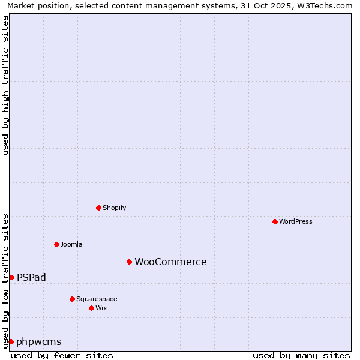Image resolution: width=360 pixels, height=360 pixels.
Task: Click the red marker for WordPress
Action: point(275,221)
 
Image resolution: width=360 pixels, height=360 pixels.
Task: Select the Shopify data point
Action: point(98,208)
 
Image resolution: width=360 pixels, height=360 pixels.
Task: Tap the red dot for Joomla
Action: point(56,244)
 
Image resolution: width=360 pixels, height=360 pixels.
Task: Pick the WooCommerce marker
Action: point(129,262)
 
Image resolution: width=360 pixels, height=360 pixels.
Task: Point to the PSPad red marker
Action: point(11,277)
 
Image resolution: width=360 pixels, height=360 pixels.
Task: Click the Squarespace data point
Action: point(72,299)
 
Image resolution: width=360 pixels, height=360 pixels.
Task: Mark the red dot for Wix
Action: point(91,308)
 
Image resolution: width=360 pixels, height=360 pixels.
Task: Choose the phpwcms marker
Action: point(11,341)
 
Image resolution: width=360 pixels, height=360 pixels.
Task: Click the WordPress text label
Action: point(296,221)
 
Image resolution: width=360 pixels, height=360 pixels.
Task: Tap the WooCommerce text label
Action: point(170,262)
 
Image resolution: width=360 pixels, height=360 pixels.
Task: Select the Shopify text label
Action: point(114,208)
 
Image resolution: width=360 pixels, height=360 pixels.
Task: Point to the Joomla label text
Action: point(71,244)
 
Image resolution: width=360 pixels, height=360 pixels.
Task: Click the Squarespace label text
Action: point(97,299)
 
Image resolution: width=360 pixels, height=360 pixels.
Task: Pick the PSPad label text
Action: point(31,277)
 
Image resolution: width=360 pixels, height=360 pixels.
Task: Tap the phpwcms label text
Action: point(39,342)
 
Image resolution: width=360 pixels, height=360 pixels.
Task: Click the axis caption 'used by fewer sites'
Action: point(62,355)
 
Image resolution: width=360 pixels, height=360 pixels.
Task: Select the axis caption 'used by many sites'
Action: point(301,355)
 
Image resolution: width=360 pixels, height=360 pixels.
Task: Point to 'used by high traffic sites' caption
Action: point(5,85)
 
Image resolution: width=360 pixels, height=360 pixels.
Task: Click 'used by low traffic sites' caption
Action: point(5,280)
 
